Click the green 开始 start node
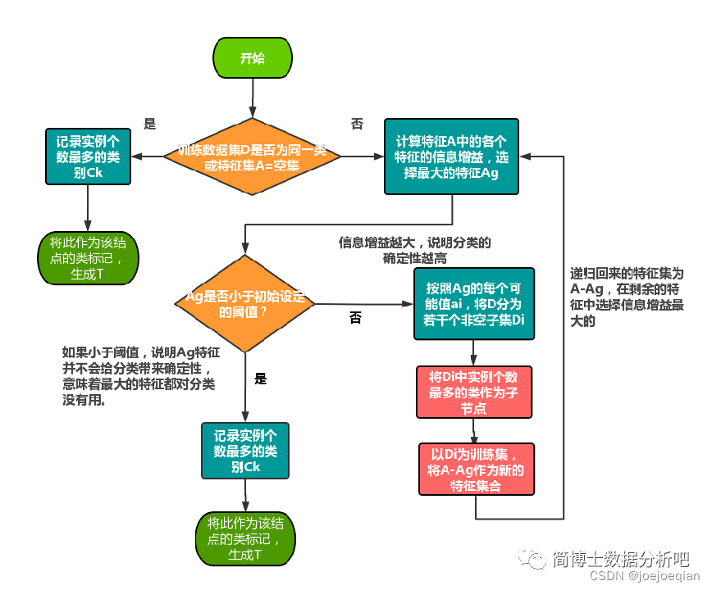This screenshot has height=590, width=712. [252, 58]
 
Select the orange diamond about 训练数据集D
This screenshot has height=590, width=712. [252, 157]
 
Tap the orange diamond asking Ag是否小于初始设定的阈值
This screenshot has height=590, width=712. [244, 304]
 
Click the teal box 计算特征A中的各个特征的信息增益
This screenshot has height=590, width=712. [451, 157]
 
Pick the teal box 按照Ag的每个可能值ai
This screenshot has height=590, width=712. [474, 303]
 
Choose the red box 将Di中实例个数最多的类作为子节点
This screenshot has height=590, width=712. [474, 392]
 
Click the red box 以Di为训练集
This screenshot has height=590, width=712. [476, 469]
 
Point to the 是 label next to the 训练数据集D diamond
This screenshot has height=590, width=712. [149, 125]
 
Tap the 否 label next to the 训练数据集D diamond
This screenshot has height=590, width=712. [357, 125]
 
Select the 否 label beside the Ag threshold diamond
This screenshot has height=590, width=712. [355, 318]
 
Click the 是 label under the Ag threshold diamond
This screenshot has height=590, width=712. [261, 379]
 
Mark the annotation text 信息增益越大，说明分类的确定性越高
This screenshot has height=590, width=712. [414, 251]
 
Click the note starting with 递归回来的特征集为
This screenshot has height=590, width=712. [628, 297]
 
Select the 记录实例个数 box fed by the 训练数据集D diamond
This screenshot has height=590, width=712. [87, 155]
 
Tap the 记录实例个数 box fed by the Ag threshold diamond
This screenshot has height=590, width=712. [245, 451]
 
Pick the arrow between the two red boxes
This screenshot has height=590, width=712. [474, 431]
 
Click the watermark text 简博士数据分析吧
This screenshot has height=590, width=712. [619, 560]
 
